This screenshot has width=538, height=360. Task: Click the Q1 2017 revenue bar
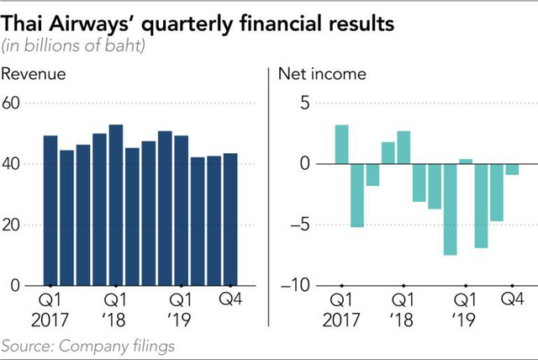click(50, 210)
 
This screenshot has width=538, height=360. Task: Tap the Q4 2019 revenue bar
click(230, 220)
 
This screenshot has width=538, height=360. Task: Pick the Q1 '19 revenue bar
click(182, 210)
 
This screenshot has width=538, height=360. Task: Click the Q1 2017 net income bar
click(341, 144)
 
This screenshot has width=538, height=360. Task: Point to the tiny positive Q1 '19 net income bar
click(466, 161)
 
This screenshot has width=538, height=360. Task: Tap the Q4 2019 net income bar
click(512, 169)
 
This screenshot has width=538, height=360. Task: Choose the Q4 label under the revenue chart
click(230, 299)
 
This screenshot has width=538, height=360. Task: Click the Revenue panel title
click(34, 74)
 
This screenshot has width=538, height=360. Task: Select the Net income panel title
click(322, 74)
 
